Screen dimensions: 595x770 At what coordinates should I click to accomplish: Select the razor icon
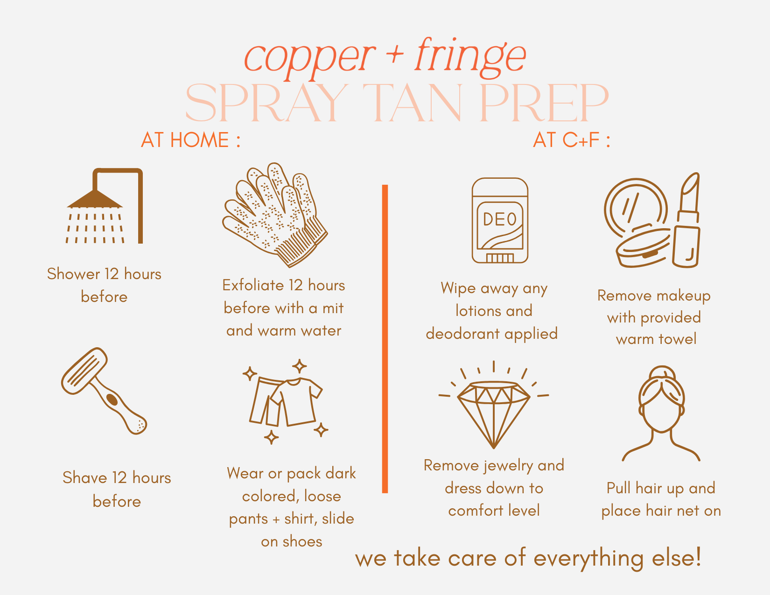[104, 390]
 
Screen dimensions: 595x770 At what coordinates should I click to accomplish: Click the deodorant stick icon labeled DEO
[500, 220]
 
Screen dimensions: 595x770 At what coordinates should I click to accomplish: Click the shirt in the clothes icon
[296, 401]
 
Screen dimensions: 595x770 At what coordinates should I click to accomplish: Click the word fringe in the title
[470, 56]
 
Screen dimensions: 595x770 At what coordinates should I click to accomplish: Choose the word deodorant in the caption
[462, 334]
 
